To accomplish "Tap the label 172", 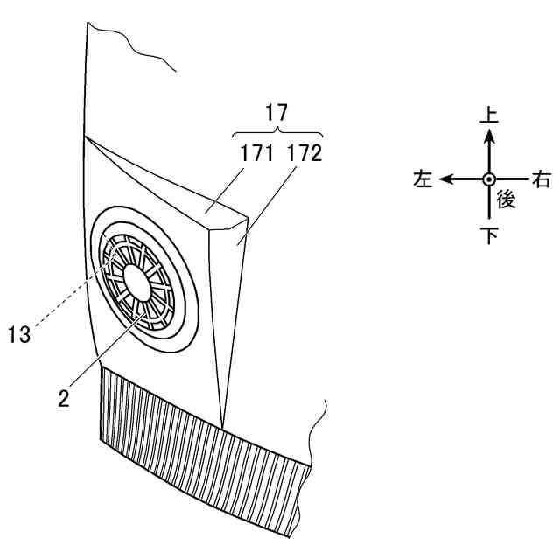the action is [303, 155].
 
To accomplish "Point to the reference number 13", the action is [19, 333].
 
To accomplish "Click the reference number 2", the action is [63, 396].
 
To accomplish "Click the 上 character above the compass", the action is [488, 115].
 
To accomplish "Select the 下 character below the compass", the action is [488, 236].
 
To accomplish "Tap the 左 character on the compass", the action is [423, 179].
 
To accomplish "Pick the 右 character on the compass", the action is [542, 179].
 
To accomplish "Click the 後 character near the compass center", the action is [506, 199].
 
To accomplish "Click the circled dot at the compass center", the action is [488, 178].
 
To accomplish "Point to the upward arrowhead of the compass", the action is [488, 137].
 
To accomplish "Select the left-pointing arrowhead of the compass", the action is [447, 178].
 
